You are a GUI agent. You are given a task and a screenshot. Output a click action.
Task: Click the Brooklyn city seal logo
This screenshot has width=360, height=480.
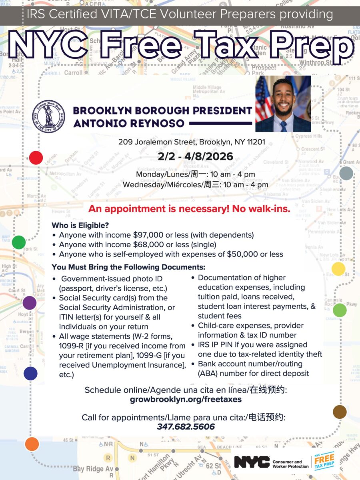click(48, 116)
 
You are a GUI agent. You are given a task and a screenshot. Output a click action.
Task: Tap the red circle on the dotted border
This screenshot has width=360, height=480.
click(36, 157)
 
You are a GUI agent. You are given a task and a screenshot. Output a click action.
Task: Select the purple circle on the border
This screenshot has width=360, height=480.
click(29, 303)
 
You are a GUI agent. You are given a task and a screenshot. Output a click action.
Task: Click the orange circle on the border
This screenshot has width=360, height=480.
click(32, 444)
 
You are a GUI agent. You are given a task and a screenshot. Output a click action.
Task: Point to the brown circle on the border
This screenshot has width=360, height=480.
click(340, 412)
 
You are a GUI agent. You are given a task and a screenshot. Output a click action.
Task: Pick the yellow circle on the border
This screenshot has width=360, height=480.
click(338, 269)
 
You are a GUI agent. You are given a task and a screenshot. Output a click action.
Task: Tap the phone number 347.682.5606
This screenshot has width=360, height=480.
click(186, 427)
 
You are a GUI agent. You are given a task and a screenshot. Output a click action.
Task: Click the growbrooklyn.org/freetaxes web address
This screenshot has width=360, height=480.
click(186, 399)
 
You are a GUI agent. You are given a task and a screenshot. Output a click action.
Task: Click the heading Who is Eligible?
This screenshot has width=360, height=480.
click(80, 225)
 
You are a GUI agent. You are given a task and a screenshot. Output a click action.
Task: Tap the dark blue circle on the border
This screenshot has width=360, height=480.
click(30, 373)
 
